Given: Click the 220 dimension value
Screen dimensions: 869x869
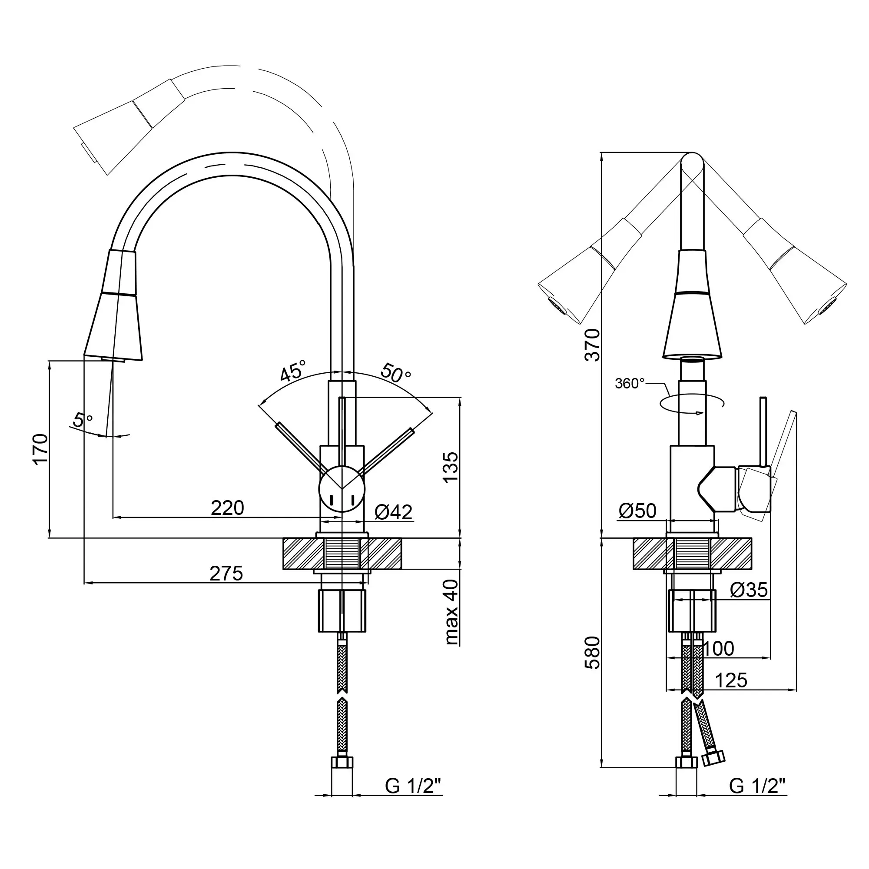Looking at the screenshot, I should [228, 508].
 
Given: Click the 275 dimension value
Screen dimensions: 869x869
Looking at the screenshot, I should [226, 574].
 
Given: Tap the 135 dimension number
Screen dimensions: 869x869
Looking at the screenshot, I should [450, 468].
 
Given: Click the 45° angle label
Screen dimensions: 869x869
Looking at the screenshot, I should [292, 370].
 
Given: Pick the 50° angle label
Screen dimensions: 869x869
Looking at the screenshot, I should [396, 372].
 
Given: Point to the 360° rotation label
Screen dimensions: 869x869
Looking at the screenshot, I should [630, 383].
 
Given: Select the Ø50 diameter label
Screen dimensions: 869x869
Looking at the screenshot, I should [637, 511].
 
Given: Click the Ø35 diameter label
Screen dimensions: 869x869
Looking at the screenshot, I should [749, 590].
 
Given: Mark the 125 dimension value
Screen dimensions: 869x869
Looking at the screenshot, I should [731, 680].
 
